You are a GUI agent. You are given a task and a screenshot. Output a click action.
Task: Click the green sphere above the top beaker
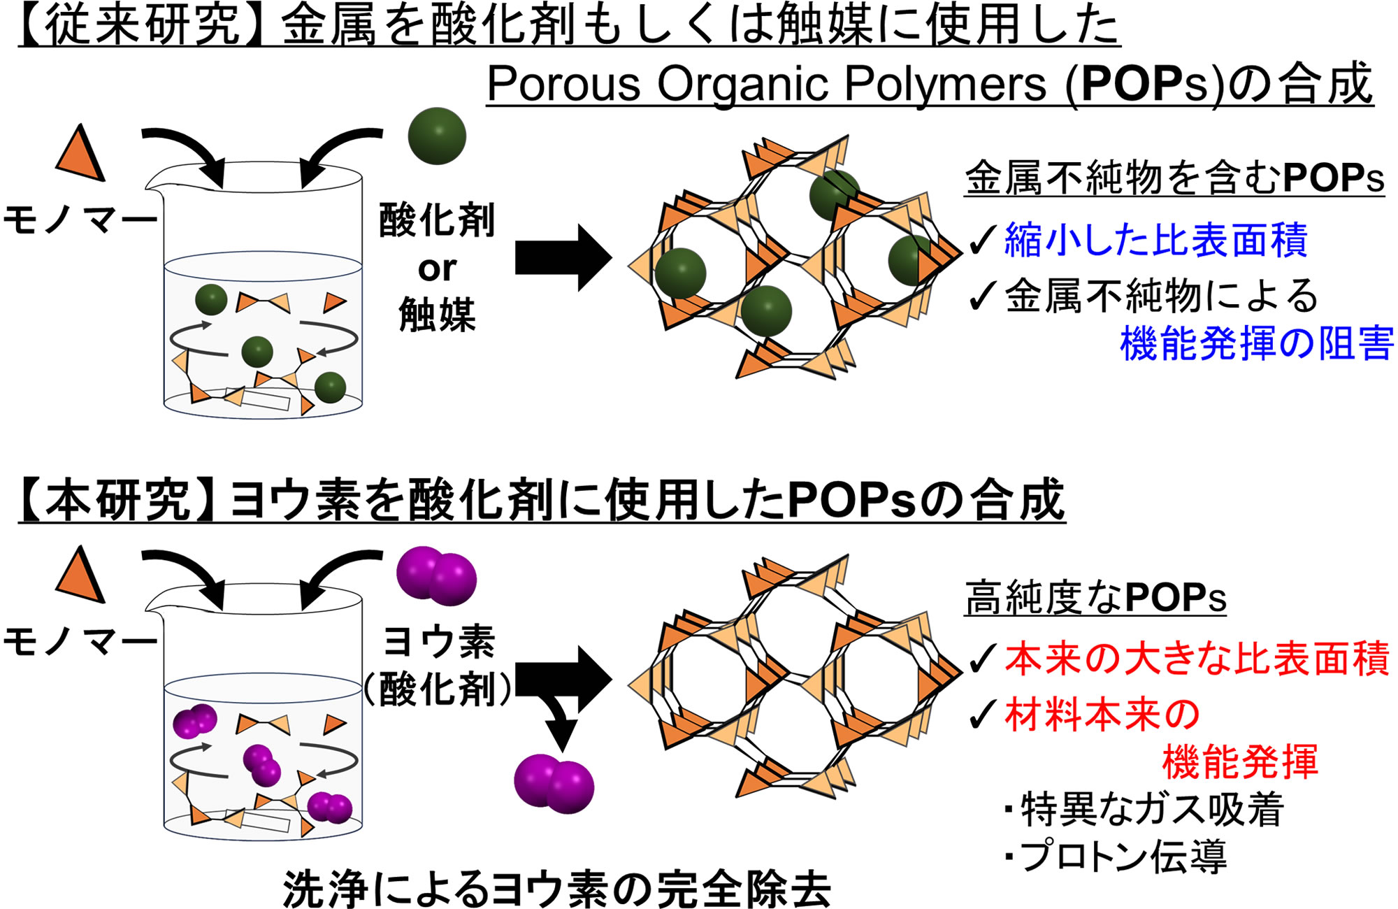(x=437, y=136)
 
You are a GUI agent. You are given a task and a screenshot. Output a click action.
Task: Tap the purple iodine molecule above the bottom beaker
(x=437, y=575)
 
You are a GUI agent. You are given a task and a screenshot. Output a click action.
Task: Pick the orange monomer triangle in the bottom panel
(x=80, y=575)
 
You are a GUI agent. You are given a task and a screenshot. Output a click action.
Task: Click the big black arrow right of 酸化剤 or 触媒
(x=563, y=257)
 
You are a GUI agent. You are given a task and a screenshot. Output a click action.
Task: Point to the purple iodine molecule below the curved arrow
(x=554, y=783)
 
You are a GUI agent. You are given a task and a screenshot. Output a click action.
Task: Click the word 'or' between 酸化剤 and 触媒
(x=437, y=269)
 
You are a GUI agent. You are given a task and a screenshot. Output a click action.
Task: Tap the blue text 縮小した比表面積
(x=1155, y=239)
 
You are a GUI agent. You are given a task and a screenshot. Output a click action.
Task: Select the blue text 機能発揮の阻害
(x=1256, y=343)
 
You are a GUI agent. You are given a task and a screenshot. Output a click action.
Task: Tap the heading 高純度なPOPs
(x=1095, y=598)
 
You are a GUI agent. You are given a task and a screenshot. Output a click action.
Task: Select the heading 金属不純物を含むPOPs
(x=1174, y=178)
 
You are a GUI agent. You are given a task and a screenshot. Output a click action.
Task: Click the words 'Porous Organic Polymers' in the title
(x=765, y=85)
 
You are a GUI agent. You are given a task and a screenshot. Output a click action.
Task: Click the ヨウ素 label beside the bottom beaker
(x=439, y=641)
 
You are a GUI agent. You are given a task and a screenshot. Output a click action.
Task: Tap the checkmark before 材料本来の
(x=983, y=714)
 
